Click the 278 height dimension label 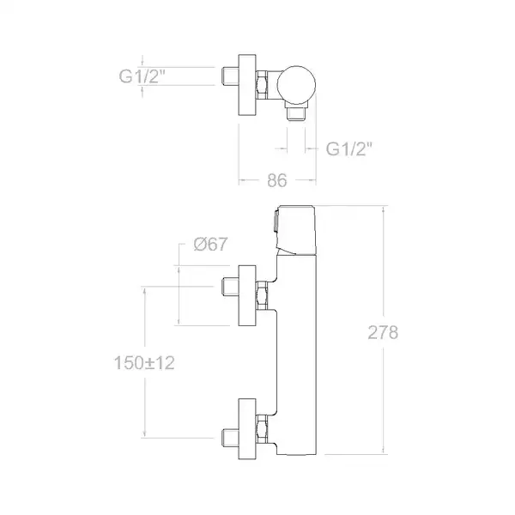pyautogui.click(x=383, y=332)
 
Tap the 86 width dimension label pyautogui.click(x=277, y=180)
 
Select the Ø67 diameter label pyautogui.click(x=210, y=244)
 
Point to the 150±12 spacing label pyautogui.click(x=144, y=363)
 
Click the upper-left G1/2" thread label pyautogui.click(x=142, y=76)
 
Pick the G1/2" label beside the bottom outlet pyautogui.click(x=349, y=148)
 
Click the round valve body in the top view pyautogui.click(x=296, y=85)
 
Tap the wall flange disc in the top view pyautogui.click(x=247, y=85)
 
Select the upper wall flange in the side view pyautogui.click(x=247, y=295)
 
